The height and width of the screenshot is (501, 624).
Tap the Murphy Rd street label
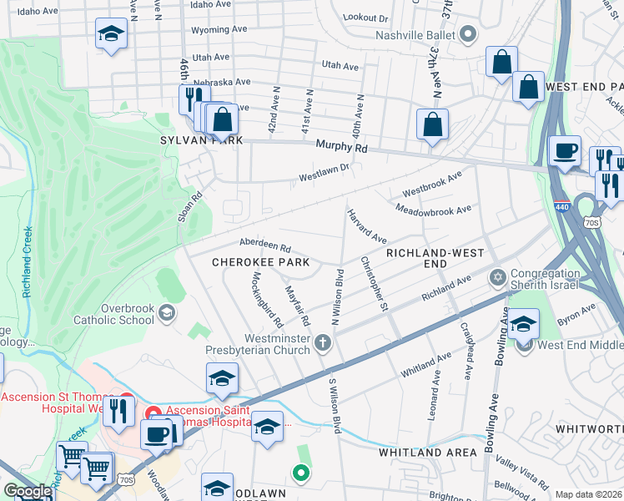[x=341, y=146]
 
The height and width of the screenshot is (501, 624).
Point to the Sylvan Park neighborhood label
[x=201, y=141]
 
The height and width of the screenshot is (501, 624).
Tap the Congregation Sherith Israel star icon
[x=498, y=276]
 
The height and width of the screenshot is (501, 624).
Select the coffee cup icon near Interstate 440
[x=565, y=151]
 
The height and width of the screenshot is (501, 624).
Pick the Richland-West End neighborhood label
[x=424, y=257]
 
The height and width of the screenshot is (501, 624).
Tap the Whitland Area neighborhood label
[x=427, y=452]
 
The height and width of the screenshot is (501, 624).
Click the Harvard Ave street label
[x=367, y=227]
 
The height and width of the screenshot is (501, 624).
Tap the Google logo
[x=27, y=491]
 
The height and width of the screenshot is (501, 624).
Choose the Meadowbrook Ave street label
[x=433, y=210]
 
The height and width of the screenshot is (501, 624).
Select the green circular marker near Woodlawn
[x=300, y=473]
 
